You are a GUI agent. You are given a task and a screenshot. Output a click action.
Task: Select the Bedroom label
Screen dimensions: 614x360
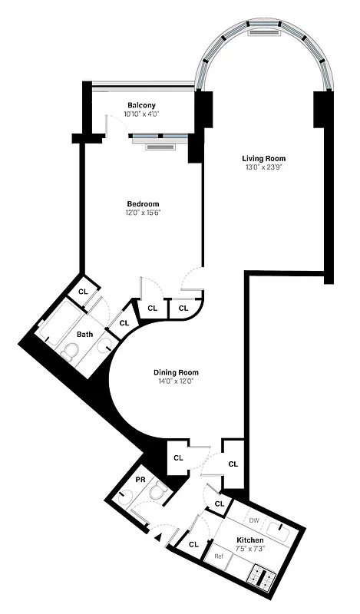click(143, 203)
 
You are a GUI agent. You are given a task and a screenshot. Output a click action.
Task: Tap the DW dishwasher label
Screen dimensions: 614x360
click(253, 520)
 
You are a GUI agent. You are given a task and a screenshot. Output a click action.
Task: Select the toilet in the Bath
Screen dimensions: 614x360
click(69, 352)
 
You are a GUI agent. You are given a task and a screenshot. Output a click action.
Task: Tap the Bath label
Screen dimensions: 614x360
click(85, 335)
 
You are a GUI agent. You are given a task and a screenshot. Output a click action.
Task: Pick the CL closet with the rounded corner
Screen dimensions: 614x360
click(183, 308)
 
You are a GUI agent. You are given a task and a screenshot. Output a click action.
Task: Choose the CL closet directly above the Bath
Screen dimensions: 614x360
click(84, 292)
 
